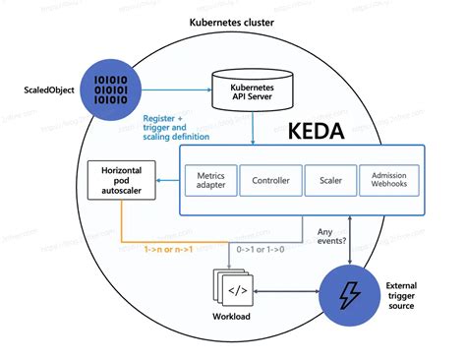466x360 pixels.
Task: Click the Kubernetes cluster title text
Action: [232, 22]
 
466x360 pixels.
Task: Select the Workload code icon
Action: [236, 291]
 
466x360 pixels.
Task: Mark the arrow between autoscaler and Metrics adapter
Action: [166, 180]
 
